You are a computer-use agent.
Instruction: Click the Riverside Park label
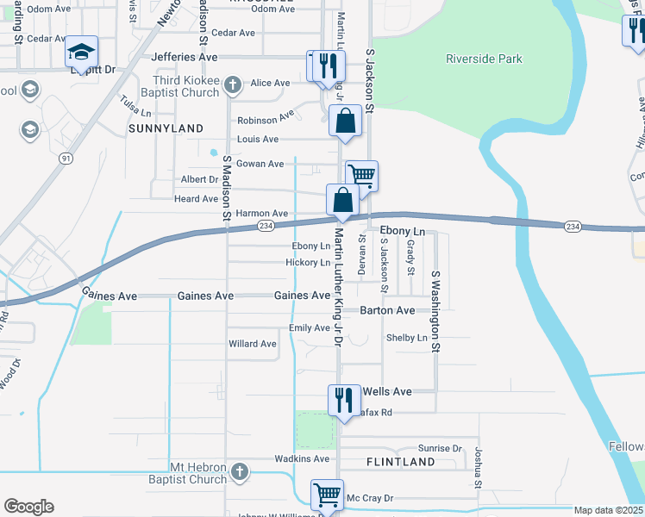484,59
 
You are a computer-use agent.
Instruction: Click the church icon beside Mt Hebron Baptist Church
239,472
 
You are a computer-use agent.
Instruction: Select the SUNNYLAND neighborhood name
166,128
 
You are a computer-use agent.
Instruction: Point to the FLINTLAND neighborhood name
400,462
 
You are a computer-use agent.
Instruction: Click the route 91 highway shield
66,159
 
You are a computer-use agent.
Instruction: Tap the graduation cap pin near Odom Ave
82,53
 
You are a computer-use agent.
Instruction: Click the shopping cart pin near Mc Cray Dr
327,495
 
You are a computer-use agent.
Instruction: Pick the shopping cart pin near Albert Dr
361,176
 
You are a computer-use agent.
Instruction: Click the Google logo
28,506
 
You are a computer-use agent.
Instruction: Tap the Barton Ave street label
387,310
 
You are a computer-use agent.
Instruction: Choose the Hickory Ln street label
308,263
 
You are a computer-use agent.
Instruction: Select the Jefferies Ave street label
185,56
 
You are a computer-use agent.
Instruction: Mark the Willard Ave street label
252,344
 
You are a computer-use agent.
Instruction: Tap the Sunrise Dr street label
440,449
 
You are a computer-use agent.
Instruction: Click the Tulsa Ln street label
136,107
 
